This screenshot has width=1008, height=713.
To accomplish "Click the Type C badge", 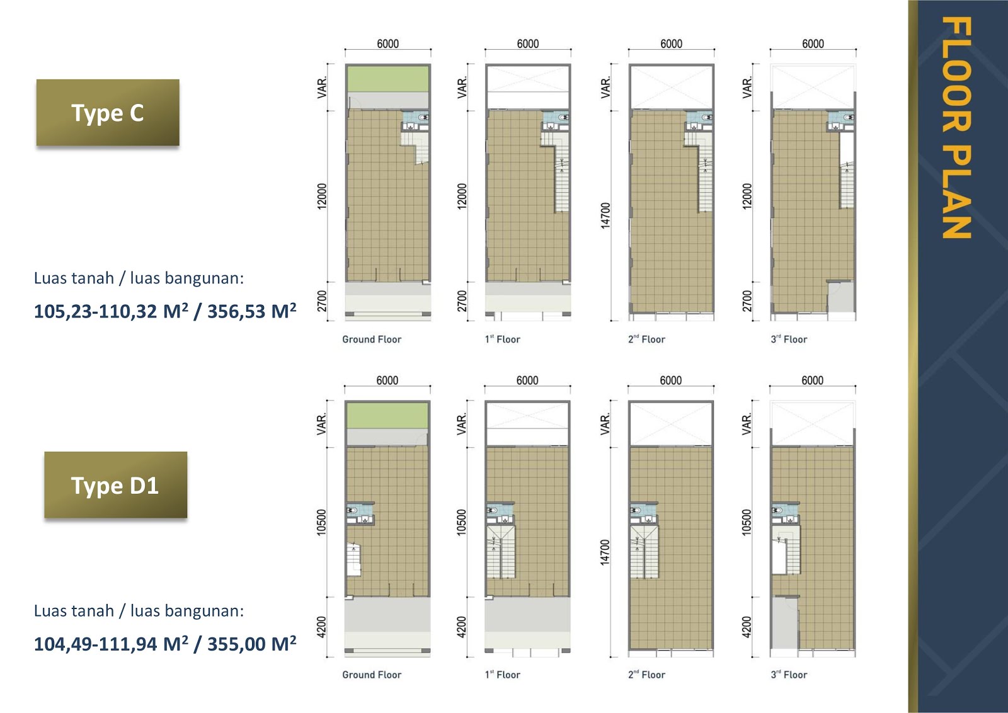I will [x=108, y=113].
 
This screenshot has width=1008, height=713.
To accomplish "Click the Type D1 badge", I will [x=115, y=485].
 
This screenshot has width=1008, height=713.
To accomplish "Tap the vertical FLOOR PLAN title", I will [x=956, y=128].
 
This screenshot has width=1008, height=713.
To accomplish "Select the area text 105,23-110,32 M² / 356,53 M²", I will [x=165, y=311].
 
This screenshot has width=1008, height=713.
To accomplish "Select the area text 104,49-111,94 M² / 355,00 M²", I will [x=165, y=644].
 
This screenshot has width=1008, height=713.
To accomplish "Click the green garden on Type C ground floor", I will [x=387, y=79].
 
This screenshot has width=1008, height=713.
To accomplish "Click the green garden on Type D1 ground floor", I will [x=387, y=416].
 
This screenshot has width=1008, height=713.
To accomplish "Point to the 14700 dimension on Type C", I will [x=605, y=215].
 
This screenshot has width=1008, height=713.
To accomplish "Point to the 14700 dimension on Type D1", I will [x=605, y=552].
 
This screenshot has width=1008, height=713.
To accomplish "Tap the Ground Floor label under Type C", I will [x=372, y=339].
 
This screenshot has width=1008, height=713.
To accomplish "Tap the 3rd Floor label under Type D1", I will [x=789, y=675].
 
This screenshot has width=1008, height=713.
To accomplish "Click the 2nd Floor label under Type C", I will [x=646, y=339].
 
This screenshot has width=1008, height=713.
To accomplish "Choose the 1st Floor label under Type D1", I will [x=503, y=675].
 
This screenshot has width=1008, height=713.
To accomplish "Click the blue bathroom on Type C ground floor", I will [x=415, y=118].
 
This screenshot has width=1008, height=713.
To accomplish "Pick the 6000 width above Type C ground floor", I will [x=388, y=43].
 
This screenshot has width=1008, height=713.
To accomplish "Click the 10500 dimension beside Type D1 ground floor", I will [x=322, y=522].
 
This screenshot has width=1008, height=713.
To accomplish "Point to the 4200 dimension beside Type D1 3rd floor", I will [x=747, y=627].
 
